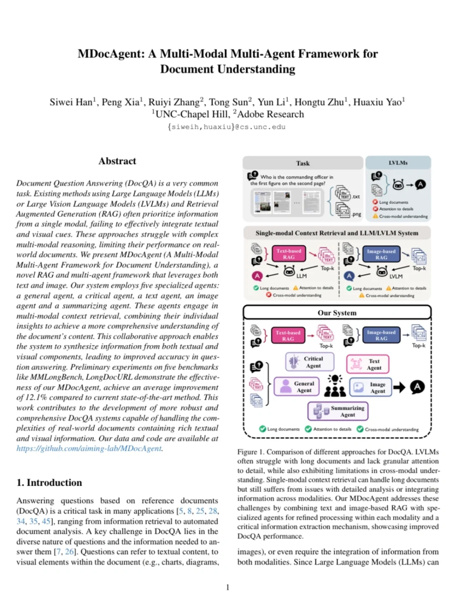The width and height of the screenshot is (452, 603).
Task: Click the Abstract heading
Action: coord(117,161)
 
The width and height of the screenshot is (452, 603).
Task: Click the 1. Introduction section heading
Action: coord(49,483)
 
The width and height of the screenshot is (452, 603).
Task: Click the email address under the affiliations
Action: coord(226,127)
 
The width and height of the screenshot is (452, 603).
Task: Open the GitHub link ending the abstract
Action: coord(89,448)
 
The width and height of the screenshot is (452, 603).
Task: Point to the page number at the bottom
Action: coord(228,588)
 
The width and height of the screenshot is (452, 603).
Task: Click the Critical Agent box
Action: coord(310,362)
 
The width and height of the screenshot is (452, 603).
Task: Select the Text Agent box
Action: coord(368,364)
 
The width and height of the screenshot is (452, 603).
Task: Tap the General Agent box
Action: coord(296,387)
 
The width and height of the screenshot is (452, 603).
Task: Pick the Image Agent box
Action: coord(371,387)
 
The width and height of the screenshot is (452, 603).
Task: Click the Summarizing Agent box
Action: coord(338,411)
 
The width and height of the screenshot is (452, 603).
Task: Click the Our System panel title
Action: coord(337,313)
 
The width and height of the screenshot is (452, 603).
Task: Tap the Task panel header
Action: coord(303,163)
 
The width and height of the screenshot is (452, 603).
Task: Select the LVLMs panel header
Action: coord(398,163)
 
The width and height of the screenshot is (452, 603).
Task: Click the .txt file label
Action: coord(356,196)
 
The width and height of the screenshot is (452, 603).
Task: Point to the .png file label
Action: coord(356,214)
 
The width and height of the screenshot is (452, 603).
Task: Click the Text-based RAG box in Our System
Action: coord(288,335)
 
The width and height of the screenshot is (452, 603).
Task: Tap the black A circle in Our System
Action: coord(417,387)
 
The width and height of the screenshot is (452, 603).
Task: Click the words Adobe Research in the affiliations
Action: coord(270,114)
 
